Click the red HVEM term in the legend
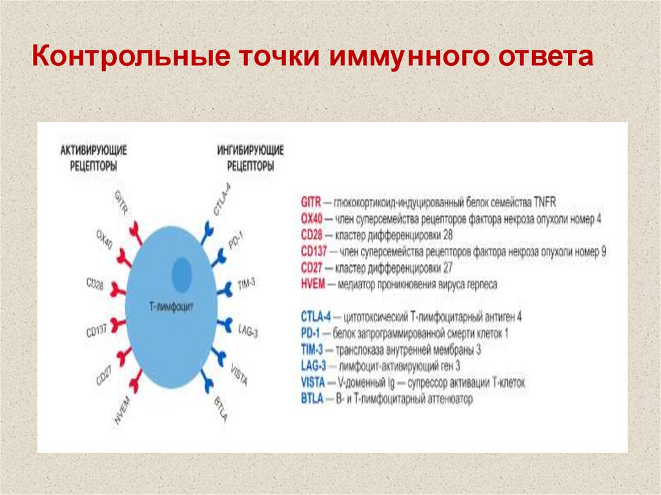(x=313, y=284)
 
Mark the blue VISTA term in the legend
(x=313, y=383)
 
